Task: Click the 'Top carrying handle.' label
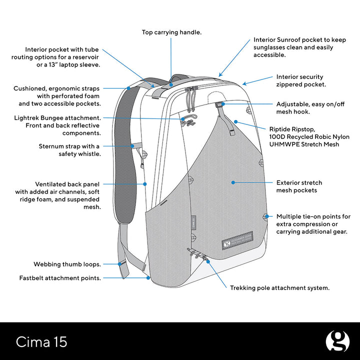coord(171,32)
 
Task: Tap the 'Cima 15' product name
coord(41,342)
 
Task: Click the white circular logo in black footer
coord(337,341)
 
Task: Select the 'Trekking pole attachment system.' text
coord(279,288)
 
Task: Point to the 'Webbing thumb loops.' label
coord(67,264)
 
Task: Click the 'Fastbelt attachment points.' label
coord(60,277)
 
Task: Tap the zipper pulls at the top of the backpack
coord(189,98)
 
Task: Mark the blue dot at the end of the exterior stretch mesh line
coord(233,182)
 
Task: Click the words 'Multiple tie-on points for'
coord(313,217)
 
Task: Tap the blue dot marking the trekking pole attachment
coord(207,261)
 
